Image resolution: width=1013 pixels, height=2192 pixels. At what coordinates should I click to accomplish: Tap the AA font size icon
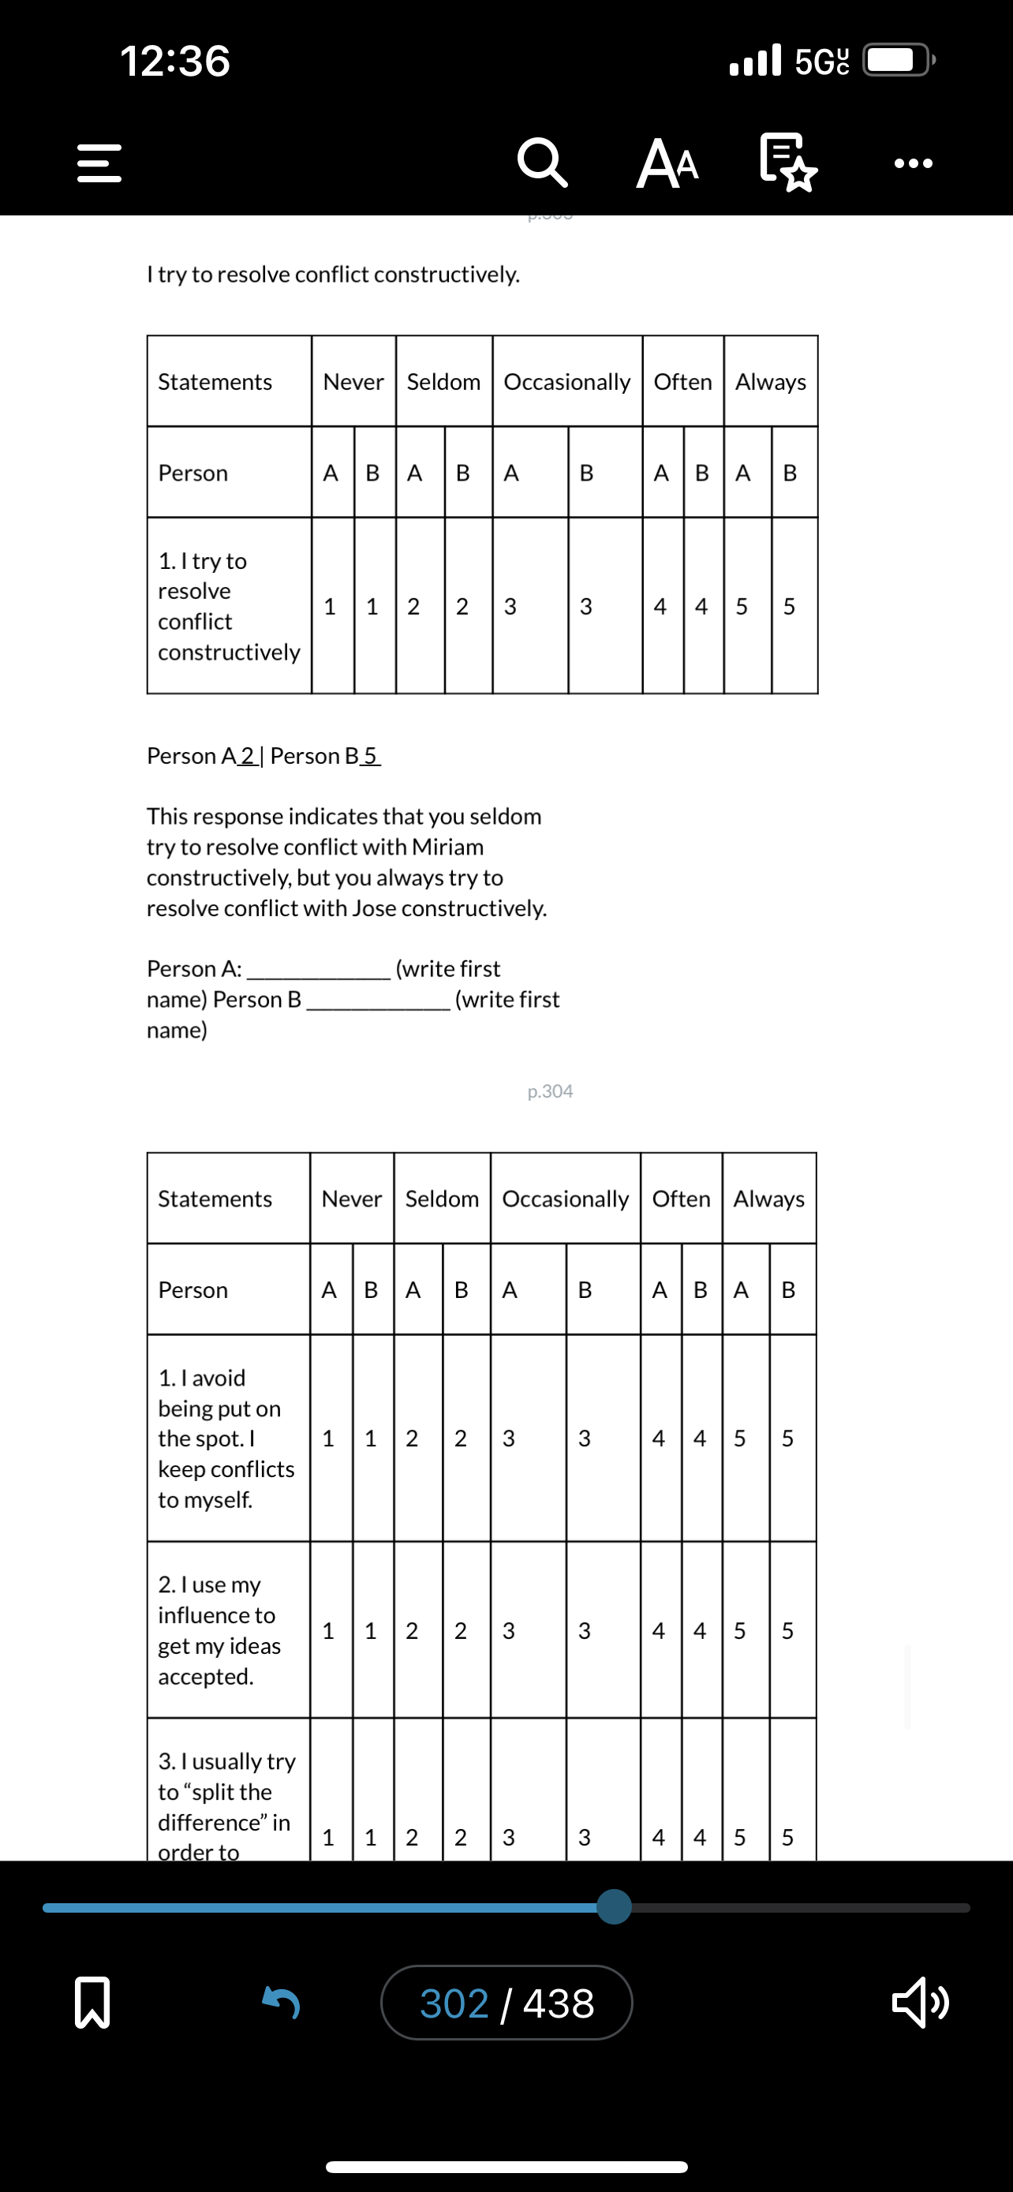click(667, 163)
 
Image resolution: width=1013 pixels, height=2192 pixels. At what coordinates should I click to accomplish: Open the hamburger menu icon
click(99, 163)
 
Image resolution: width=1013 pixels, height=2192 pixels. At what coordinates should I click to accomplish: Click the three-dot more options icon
click(914, 163)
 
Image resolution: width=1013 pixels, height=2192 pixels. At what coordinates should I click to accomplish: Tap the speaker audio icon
click(919, 2003)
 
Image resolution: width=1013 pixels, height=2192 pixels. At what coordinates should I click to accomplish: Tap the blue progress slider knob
click(614, 1907)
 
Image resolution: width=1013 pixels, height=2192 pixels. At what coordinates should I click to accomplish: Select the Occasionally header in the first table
click(566, 382)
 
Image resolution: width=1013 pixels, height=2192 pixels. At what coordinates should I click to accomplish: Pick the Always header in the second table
click(769, 1199)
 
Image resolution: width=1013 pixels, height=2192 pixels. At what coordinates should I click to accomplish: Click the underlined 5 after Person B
click(370, 756)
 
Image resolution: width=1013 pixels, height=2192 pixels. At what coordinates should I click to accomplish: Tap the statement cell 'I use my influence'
click(219, 1629)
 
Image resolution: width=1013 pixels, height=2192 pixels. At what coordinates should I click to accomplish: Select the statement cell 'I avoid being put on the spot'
click(226, 1438)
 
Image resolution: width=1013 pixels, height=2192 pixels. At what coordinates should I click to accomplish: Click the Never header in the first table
click(353, 382)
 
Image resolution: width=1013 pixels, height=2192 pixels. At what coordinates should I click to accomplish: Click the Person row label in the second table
click(193, 1290)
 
